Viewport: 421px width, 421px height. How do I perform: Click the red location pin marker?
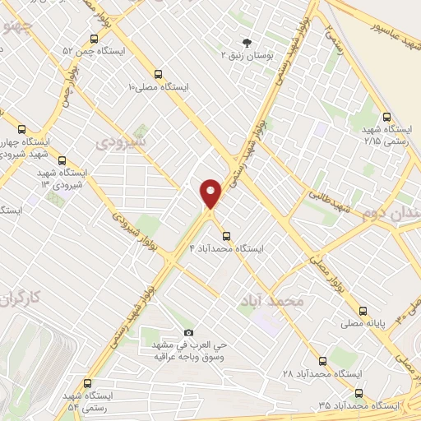[x=210, y=192]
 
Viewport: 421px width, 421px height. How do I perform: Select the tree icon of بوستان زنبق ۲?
[x=245, y=42]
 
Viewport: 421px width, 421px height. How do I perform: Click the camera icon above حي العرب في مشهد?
[x=188, y=332]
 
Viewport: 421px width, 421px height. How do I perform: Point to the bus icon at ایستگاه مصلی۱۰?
[x=157, y=73]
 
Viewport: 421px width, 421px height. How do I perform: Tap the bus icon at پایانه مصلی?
[x=363, y=311]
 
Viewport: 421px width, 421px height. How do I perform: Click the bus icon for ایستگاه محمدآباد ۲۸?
[x=322, y=360]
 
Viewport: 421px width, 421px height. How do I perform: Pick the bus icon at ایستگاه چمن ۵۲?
[x=95, y=39]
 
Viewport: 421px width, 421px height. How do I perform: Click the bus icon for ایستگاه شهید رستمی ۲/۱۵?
[x=387, y=117]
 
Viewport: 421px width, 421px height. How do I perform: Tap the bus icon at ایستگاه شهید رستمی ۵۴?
[x=88, y=383]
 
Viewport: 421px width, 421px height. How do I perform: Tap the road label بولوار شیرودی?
[x=127, y=227]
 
